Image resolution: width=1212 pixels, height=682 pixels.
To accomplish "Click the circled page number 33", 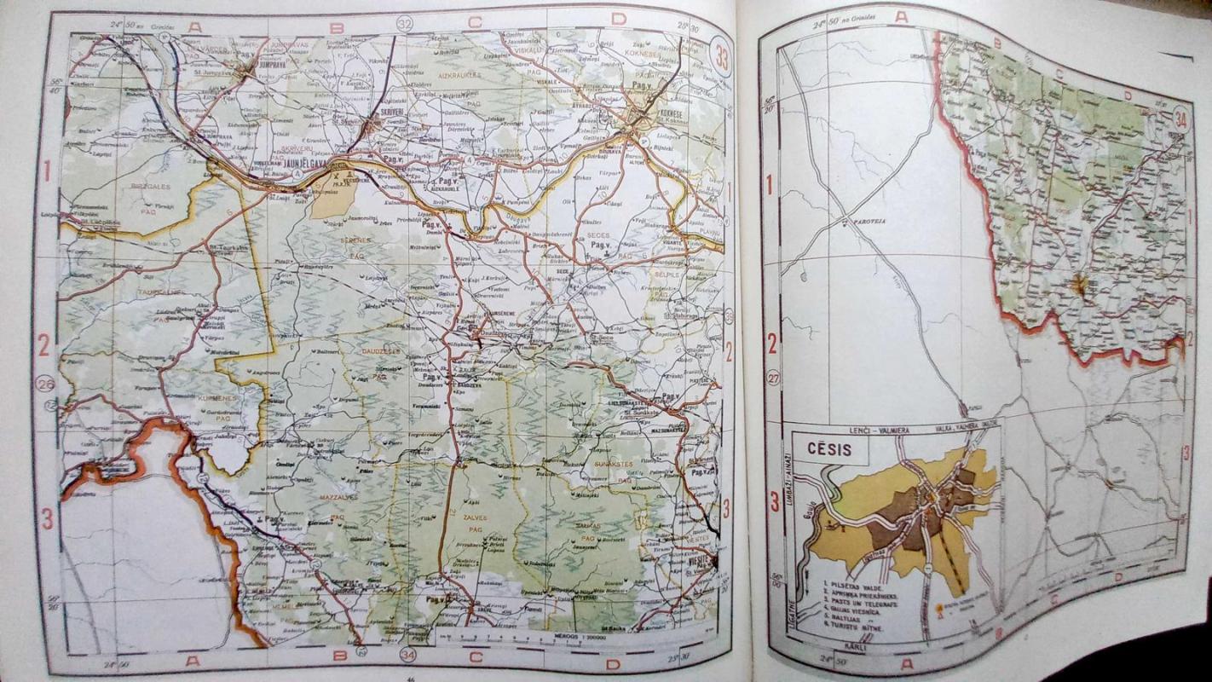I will (722, 60).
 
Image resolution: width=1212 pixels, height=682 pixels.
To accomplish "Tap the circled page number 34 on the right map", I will (1181, 117).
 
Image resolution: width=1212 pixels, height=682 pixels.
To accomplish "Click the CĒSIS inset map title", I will (824, 450).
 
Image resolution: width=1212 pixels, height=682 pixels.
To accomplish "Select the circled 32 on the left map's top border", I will (404, 24).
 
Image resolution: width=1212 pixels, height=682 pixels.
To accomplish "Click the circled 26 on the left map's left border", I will (45, 384).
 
